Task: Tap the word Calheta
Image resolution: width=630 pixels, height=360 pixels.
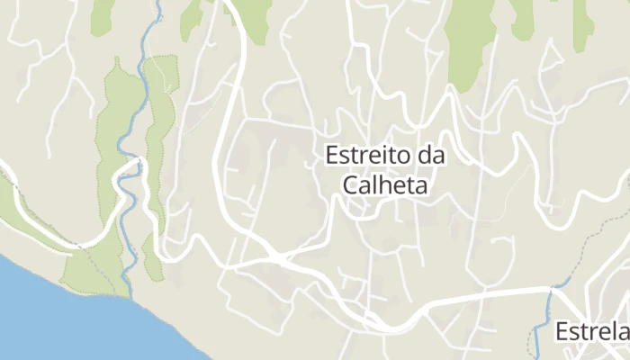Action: point(383,184)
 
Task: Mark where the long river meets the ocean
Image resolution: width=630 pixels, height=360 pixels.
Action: point(130,296)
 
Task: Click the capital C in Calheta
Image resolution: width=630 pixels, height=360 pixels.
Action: point(350,184)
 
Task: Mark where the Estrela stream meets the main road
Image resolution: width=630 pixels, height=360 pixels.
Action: point(551,289)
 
